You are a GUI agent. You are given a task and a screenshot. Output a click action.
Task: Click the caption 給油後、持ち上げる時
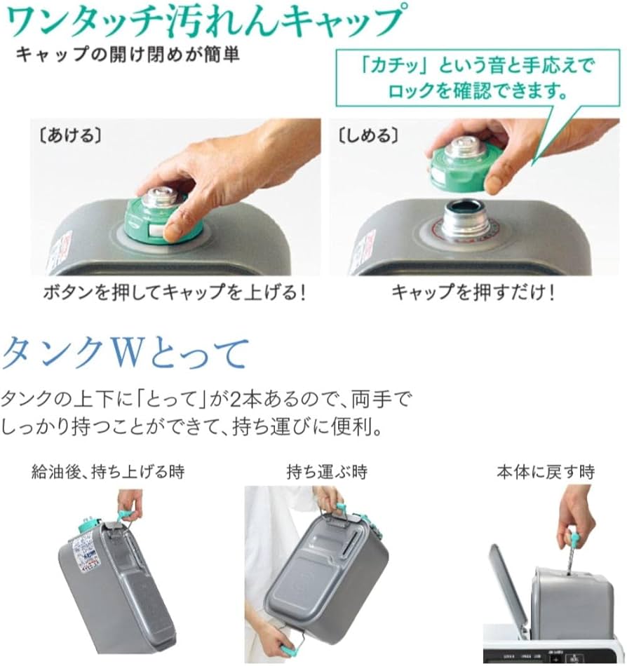tap(108, 472)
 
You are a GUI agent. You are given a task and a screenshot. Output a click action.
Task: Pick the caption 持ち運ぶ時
tap(327, 472)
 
